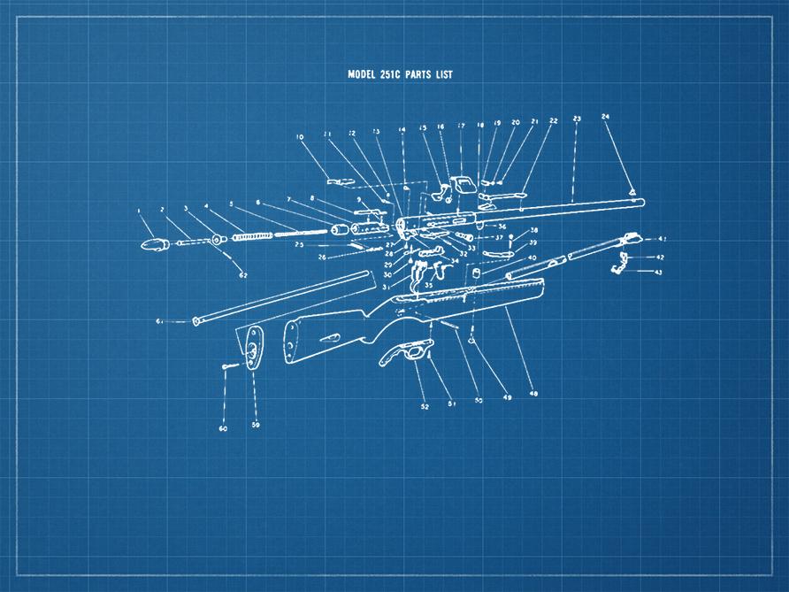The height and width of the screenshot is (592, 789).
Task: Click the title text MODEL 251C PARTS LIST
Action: point(400,74)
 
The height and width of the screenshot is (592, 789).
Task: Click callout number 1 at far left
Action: point(139,211)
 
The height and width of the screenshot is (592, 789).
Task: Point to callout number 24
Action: point(605,116)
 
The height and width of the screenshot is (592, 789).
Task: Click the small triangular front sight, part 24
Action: point(632,188)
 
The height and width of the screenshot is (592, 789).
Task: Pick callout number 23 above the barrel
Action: point(577,118)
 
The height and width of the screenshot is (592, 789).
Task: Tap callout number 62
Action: point(243,275)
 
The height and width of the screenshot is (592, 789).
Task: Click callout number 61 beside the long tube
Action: point(160,320)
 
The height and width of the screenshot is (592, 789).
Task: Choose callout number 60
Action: point(223,428)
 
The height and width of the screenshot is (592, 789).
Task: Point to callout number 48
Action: point(532,392)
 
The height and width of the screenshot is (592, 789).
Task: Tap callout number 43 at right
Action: point(658,273)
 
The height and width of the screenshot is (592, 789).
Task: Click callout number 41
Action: point(662,239)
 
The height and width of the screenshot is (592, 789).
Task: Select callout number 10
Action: point(300,137)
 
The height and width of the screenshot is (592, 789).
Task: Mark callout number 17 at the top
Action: point(461,126)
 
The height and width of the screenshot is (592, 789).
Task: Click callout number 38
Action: point(533,230)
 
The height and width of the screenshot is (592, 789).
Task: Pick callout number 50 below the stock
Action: point(479,400)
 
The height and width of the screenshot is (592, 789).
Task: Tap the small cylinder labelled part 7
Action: point(338,230)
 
